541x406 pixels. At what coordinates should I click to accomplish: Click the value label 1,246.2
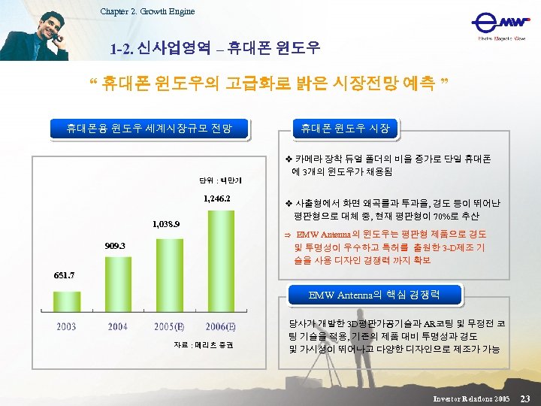[216, 199]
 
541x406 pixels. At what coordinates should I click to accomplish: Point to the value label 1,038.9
[165, 223]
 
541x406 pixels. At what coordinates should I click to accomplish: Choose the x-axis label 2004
[118, 326]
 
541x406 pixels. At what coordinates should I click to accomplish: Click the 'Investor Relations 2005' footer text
[472, 397]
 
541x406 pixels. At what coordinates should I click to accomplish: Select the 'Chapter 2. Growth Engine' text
[147, 11]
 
